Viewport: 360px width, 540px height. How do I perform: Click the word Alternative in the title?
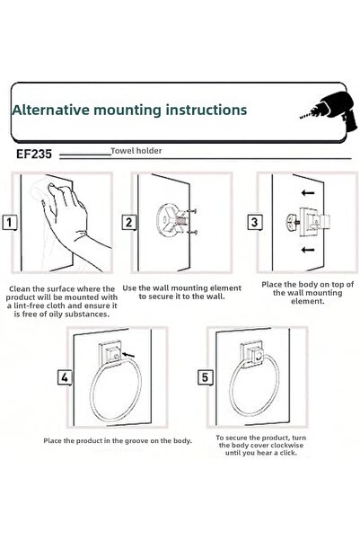point(51,110)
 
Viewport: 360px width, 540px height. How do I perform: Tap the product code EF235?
point(34,154)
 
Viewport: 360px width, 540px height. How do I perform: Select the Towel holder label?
point(136,150)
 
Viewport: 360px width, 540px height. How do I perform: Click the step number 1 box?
point(10,222)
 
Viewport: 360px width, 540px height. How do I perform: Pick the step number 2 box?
point(128,222)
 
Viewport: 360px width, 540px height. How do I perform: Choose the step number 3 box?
point(254,222)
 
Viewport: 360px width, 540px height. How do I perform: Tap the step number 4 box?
point(65,377)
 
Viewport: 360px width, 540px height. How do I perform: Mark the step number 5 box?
point(205,377)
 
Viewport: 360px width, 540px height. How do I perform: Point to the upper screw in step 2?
point(192,211)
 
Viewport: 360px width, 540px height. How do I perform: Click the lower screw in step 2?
point(192,233)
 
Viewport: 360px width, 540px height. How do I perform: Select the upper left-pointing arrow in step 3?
point(308,193)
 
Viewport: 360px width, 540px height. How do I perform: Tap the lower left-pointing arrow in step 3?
point(308,250)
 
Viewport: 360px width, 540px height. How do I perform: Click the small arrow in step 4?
point(128,354)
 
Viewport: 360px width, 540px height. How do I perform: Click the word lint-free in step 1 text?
point(31,305)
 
